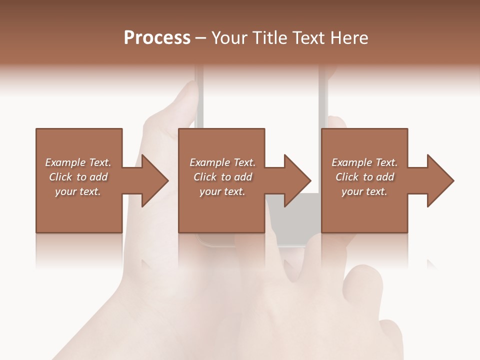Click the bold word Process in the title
157,38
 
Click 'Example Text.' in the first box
78,162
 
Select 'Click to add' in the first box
78,177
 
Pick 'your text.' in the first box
78,191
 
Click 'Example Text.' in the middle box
222,162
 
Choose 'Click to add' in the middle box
222,177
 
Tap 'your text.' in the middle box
222,191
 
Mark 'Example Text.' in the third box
364,162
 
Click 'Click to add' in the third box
364,177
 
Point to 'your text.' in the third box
364,191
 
